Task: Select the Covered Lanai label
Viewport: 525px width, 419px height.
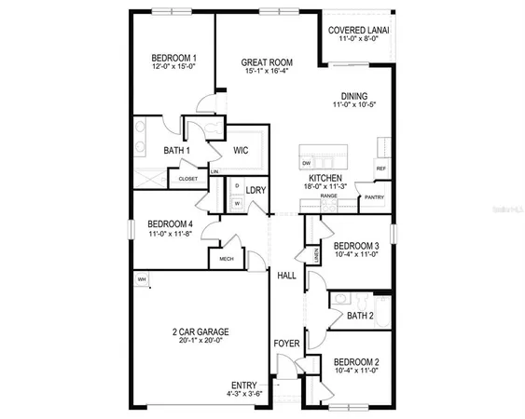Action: click(359, 30)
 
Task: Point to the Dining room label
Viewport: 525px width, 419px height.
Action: click(353, 96)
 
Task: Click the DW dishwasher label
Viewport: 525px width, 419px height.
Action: click(306, 163)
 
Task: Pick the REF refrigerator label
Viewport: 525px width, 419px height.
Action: click(380, 169)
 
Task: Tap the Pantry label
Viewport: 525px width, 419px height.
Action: click(375, 196)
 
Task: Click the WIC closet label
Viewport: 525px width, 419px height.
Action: click(241, 149)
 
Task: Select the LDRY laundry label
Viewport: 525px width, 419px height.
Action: click(256, 190)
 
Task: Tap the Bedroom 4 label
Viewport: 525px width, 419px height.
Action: click(170, 223)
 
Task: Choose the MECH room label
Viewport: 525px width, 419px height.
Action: click(226, 259)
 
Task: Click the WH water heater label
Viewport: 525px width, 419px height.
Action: click(143, 279)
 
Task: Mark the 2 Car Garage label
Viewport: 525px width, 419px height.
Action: click(200, 331)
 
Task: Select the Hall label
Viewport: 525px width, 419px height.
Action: click(286, 276)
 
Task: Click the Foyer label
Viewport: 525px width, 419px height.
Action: click(285, 344)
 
